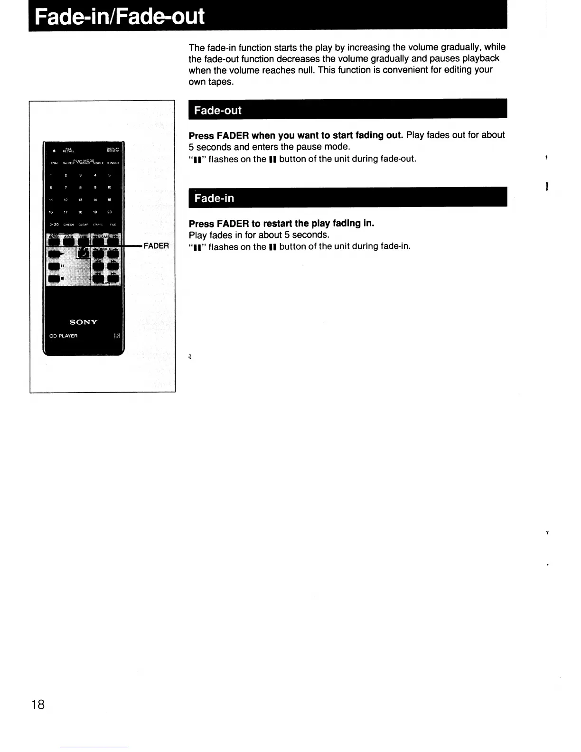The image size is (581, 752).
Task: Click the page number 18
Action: point(38,704)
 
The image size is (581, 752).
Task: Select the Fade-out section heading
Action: point(218,111)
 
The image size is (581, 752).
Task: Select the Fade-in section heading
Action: point(214,198)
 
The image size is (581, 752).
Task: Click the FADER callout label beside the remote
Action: point(156,245)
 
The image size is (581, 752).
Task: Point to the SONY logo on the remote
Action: point(84,322)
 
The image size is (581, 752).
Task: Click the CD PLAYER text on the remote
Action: point(64,336)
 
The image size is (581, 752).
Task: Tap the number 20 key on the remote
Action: point(110,212)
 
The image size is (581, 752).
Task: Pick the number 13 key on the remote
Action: point(81,200)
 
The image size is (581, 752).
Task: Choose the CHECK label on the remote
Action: point(69,225)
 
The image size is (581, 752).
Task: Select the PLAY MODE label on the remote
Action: point(84,160)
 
